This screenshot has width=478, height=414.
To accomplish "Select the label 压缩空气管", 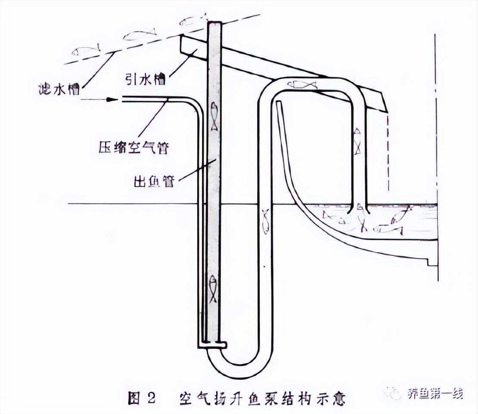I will coord(132,149).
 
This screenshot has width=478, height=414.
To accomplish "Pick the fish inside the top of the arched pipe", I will coord(305,85).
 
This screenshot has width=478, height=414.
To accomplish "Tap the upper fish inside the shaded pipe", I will coord(214,116).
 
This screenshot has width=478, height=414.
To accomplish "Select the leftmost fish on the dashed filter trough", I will coord(86,51).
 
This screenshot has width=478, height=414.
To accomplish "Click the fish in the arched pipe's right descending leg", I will coord(357,140).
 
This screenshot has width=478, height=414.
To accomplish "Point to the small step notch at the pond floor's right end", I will coord(429,261).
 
